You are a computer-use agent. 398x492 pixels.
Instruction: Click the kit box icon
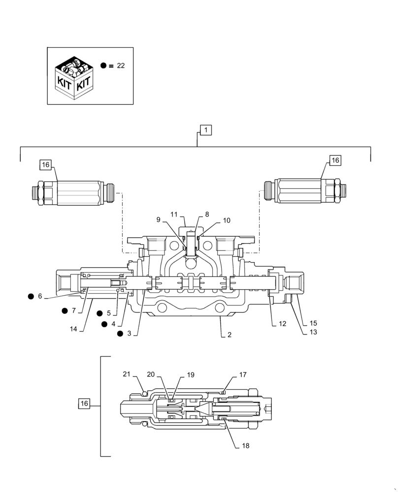pyautogui.click(x=74, y=76)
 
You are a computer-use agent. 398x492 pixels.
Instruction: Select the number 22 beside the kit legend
pyautogui.click(x=121, y=66)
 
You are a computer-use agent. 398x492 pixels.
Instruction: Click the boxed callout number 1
pyautogui.click(x=205, y=130)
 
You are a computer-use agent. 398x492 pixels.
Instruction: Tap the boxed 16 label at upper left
pyautogui.click(x=46, y=165)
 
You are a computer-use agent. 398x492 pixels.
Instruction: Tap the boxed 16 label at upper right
pyautogui.click(x=335, y=160)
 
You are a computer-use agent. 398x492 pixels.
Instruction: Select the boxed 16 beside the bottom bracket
pyautogui.click(x=84, y=403)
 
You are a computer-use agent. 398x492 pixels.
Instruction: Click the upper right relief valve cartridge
pyautogui.click(x=305, y=190)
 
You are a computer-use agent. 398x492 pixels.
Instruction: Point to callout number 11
pyautogui.click(x=174, y=214)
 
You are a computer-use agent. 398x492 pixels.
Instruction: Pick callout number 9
pyautogui.click(x=159, y=220)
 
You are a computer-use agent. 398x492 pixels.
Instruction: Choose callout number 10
pyautogui.click(x=227, y=221)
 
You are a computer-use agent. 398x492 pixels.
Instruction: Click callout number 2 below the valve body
pyautogui.click(x=229, y=335)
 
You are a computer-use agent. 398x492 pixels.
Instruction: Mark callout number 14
pyautogui.click(x=73, y=329)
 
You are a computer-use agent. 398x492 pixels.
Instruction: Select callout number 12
pyautogui.click(x=282, y=324)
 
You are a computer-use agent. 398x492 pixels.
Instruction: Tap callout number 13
pyautogui.click(x=312, y=332)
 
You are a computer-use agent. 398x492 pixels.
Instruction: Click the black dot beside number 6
pyautogui.click(x=31, y=296)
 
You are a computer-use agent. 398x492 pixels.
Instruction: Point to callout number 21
pyautogui.click(x=127, y=375)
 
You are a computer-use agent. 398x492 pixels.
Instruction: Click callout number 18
pyautogui.click(x=245, y=446)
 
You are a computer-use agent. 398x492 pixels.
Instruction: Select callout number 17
pyautogui.click(x=243, y=375)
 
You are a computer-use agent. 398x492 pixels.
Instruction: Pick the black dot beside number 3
pyautogui.click(x=120, y=334)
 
